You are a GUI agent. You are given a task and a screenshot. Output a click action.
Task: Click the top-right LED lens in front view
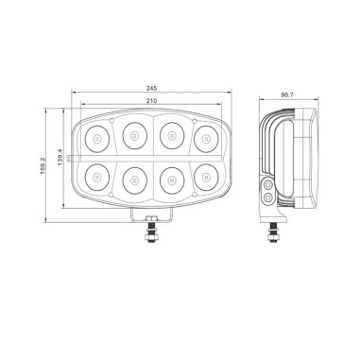[207, 139]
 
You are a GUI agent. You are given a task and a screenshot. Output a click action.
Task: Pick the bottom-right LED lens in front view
[207, 176]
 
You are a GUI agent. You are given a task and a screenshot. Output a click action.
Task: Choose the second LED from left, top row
[133, 137]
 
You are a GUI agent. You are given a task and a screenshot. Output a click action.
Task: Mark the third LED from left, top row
[170, 137]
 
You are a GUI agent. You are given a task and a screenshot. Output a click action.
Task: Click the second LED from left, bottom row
[133, 179]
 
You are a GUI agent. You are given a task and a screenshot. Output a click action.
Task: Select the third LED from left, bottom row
[170, 179]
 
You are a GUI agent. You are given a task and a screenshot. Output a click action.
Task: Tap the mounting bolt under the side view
[274, 230]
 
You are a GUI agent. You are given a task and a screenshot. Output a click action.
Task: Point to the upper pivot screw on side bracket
[269, 183]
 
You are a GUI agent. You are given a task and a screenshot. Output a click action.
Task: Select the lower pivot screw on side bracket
[269, 198]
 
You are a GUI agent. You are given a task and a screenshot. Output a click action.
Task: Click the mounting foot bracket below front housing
[151, 213]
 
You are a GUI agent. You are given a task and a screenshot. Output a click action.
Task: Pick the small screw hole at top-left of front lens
[112, 121]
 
